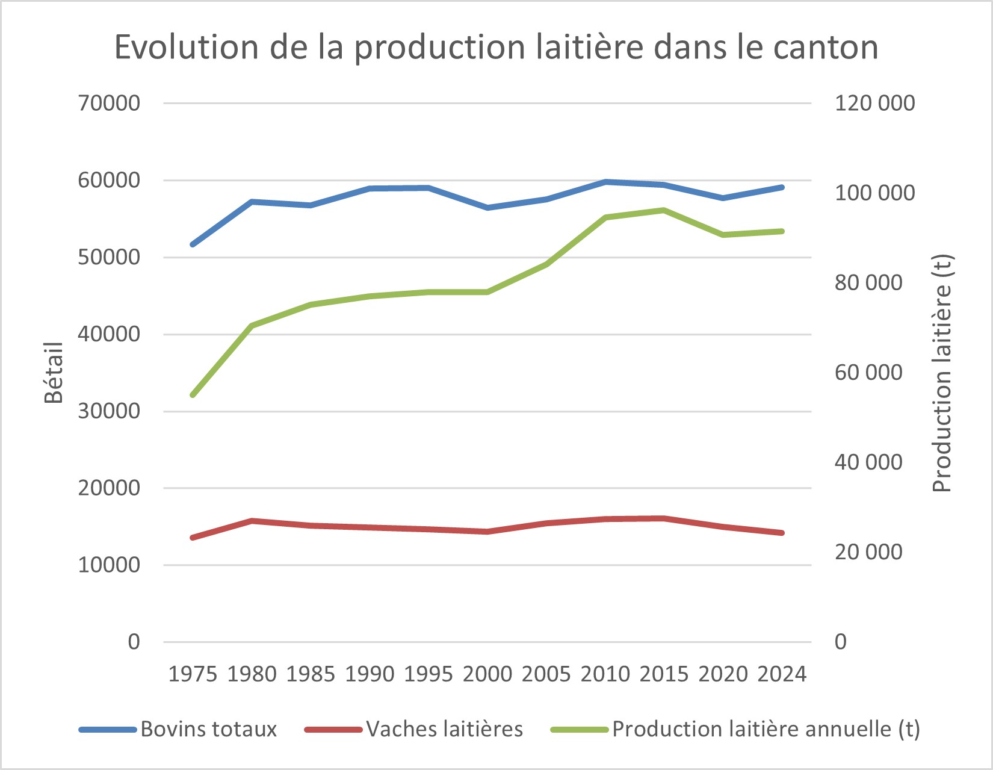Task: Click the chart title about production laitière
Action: [x=496, y=47]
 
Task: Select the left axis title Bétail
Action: [x=54, y=372]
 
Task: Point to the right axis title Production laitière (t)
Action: [x=942, y=373]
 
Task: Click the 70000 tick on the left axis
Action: [x=109, y=103]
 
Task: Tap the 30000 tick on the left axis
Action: [x=109, y=411]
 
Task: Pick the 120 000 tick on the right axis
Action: [x=874, y=103]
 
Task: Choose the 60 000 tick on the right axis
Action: [x=868, y=373]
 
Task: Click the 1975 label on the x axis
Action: [x=193, y=674]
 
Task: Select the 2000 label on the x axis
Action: [x=487, y=674]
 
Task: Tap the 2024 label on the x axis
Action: [x=782, y=674]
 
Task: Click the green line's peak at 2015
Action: [x=664, y=210]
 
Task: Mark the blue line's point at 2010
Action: [x=605, y=182]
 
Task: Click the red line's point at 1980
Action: [x=252, y=520]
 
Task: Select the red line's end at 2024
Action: [x=782, y=533]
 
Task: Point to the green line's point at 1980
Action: [x=252, y=326]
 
